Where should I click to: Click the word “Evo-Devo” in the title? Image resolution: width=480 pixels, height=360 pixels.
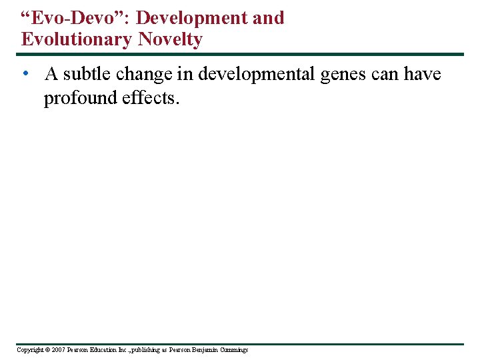pyautogui.click(x=73, y=18)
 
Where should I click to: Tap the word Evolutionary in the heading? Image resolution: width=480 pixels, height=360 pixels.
pyautogui.click(x=77, y=39)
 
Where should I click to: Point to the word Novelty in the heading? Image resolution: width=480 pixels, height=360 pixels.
pyautogui.click(x=170, y=39)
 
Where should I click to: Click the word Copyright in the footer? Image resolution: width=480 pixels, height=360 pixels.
pyautogui.click(x=29, y=350)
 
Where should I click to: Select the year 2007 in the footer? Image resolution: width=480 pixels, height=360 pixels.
pyautogui.click(x=58, y=350)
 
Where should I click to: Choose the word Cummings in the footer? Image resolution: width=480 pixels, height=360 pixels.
pyautogui.click(x=234, y=350)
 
